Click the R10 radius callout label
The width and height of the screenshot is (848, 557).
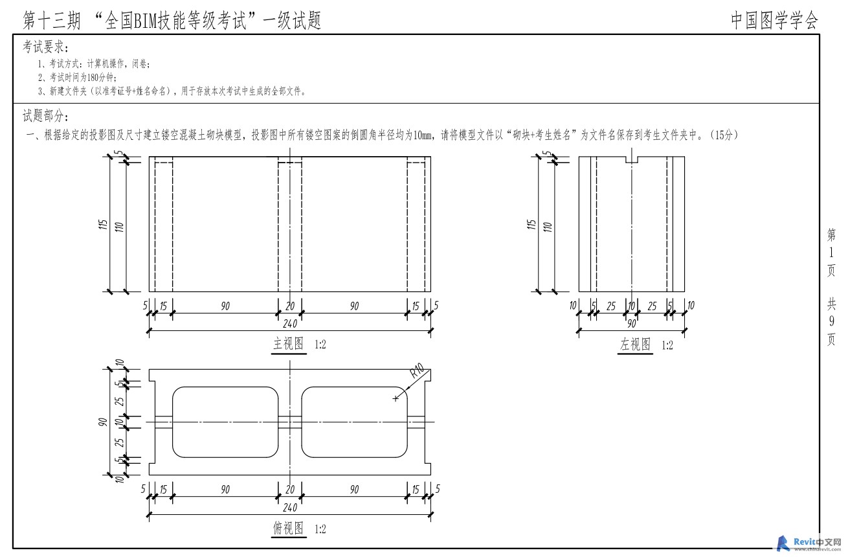point(417,370)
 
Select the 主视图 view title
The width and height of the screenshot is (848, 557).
point(289,344)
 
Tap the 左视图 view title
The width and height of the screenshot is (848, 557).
point(635,345)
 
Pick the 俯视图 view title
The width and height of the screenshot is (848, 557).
point(289,529)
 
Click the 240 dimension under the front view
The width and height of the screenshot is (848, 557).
point(290,324)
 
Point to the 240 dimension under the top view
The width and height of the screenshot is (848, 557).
point(290,508)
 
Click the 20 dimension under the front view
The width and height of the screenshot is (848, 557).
point(290,306)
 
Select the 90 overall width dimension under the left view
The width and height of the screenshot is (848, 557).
point(631,324)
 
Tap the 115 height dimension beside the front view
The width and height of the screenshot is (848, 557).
point(102,224)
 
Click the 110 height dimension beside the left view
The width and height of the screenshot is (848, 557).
point(548,227)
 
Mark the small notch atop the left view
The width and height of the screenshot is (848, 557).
point(631,159)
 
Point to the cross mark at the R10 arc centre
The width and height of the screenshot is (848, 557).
point(396,398)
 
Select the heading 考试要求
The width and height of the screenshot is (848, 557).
point(45,47)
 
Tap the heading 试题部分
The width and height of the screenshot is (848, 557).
point(45,116)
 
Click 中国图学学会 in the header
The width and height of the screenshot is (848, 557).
point(774,21)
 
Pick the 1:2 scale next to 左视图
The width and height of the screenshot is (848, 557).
point(667,345)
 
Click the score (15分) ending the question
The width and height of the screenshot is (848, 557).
point(724,135)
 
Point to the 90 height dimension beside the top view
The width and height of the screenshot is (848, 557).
point(102,422)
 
